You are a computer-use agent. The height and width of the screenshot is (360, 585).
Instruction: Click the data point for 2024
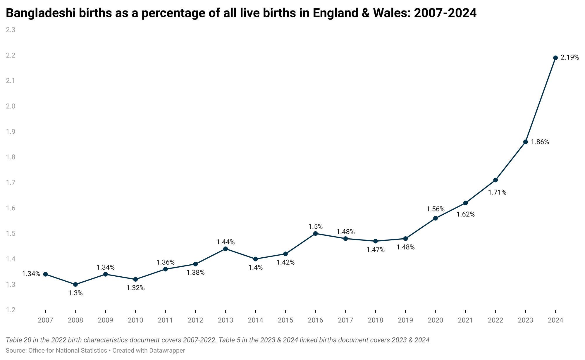555,58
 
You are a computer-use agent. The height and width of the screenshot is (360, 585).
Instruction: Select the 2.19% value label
570,58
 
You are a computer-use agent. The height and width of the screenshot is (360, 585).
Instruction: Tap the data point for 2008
75,285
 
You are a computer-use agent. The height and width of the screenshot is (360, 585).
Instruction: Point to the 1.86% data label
540,142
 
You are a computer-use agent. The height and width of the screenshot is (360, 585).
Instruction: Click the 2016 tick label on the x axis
315,320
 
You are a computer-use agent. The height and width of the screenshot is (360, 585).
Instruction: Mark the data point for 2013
226,249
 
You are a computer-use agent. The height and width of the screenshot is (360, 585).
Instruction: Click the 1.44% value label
226,242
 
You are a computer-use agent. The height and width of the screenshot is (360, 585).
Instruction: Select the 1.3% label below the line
75,293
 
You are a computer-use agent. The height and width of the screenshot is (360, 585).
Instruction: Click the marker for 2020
435,218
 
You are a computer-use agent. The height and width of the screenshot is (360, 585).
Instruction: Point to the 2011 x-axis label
165,320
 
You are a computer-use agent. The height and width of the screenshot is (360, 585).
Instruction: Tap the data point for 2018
375,241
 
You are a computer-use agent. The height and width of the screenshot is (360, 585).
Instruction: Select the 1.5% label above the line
315,227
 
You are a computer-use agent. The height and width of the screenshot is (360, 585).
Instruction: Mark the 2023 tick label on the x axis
525,320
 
